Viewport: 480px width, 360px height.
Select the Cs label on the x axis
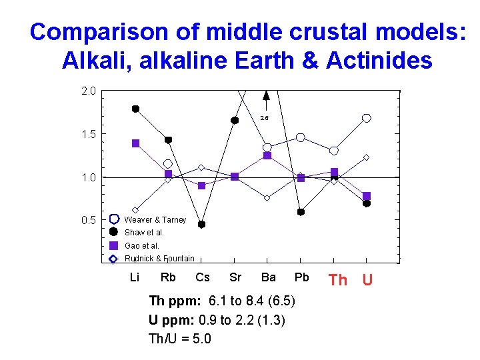(203, 277)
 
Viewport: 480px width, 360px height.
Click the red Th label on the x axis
(338, 280)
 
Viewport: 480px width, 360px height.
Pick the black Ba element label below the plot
(269, 277)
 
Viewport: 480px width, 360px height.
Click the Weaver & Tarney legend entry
(155, 220)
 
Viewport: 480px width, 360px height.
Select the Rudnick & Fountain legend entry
(159, 259)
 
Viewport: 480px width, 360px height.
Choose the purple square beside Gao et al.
(113, 245)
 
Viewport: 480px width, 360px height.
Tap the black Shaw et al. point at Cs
(201, 225)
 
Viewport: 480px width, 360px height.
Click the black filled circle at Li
(135, 109)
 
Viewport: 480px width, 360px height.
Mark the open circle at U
(367, 118)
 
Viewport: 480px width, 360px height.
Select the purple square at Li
(135, 143)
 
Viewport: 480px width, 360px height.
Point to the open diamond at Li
(135, 210)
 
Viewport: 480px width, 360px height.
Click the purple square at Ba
(267, 156)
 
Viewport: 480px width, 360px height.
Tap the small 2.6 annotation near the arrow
(265, 118)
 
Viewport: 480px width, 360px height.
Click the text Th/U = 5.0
(180, 339)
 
